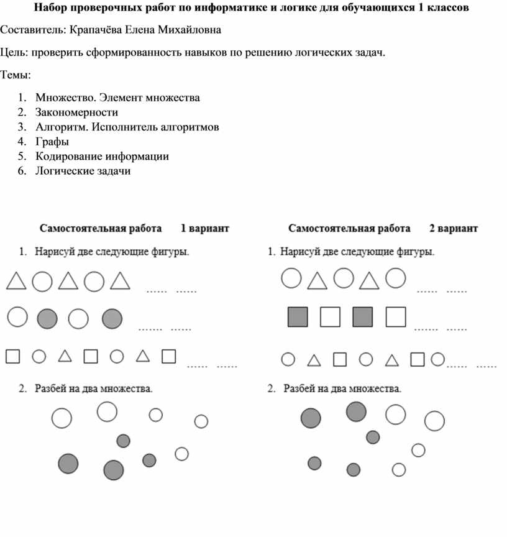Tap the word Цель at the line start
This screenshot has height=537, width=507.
coord(13,52)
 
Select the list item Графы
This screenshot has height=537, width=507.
coord(52,142)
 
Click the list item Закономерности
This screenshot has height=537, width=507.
coord(76,112)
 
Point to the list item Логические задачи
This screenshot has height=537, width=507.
coord(83,171)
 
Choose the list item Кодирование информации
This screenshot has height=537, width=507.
coord(102,157)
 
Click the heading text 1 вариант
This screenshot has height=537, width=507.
coord(204,229)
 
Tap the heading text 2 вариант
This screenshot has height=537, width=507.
coord(454,229)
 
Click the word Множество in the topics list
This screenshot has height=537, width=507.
coord(65,98)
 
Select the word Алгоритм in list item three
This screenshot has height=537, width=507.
coord(60,127)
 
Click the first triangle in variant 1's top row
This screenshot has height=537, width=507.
coord(16,282)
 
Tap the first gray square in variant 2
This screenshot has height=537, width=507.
coord(298,317)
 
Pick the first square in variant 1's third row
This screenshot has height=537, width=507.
coord(12,356)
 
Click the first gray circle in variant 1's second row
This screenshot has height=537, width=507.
coord(47,319)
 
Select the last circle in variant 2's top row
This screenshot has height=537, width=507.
coord(396,278)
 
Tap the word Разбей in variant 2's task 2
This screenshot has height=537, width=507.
coord(299,390)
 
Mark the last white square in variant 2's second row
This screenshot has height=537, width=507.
coord(396,317)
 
